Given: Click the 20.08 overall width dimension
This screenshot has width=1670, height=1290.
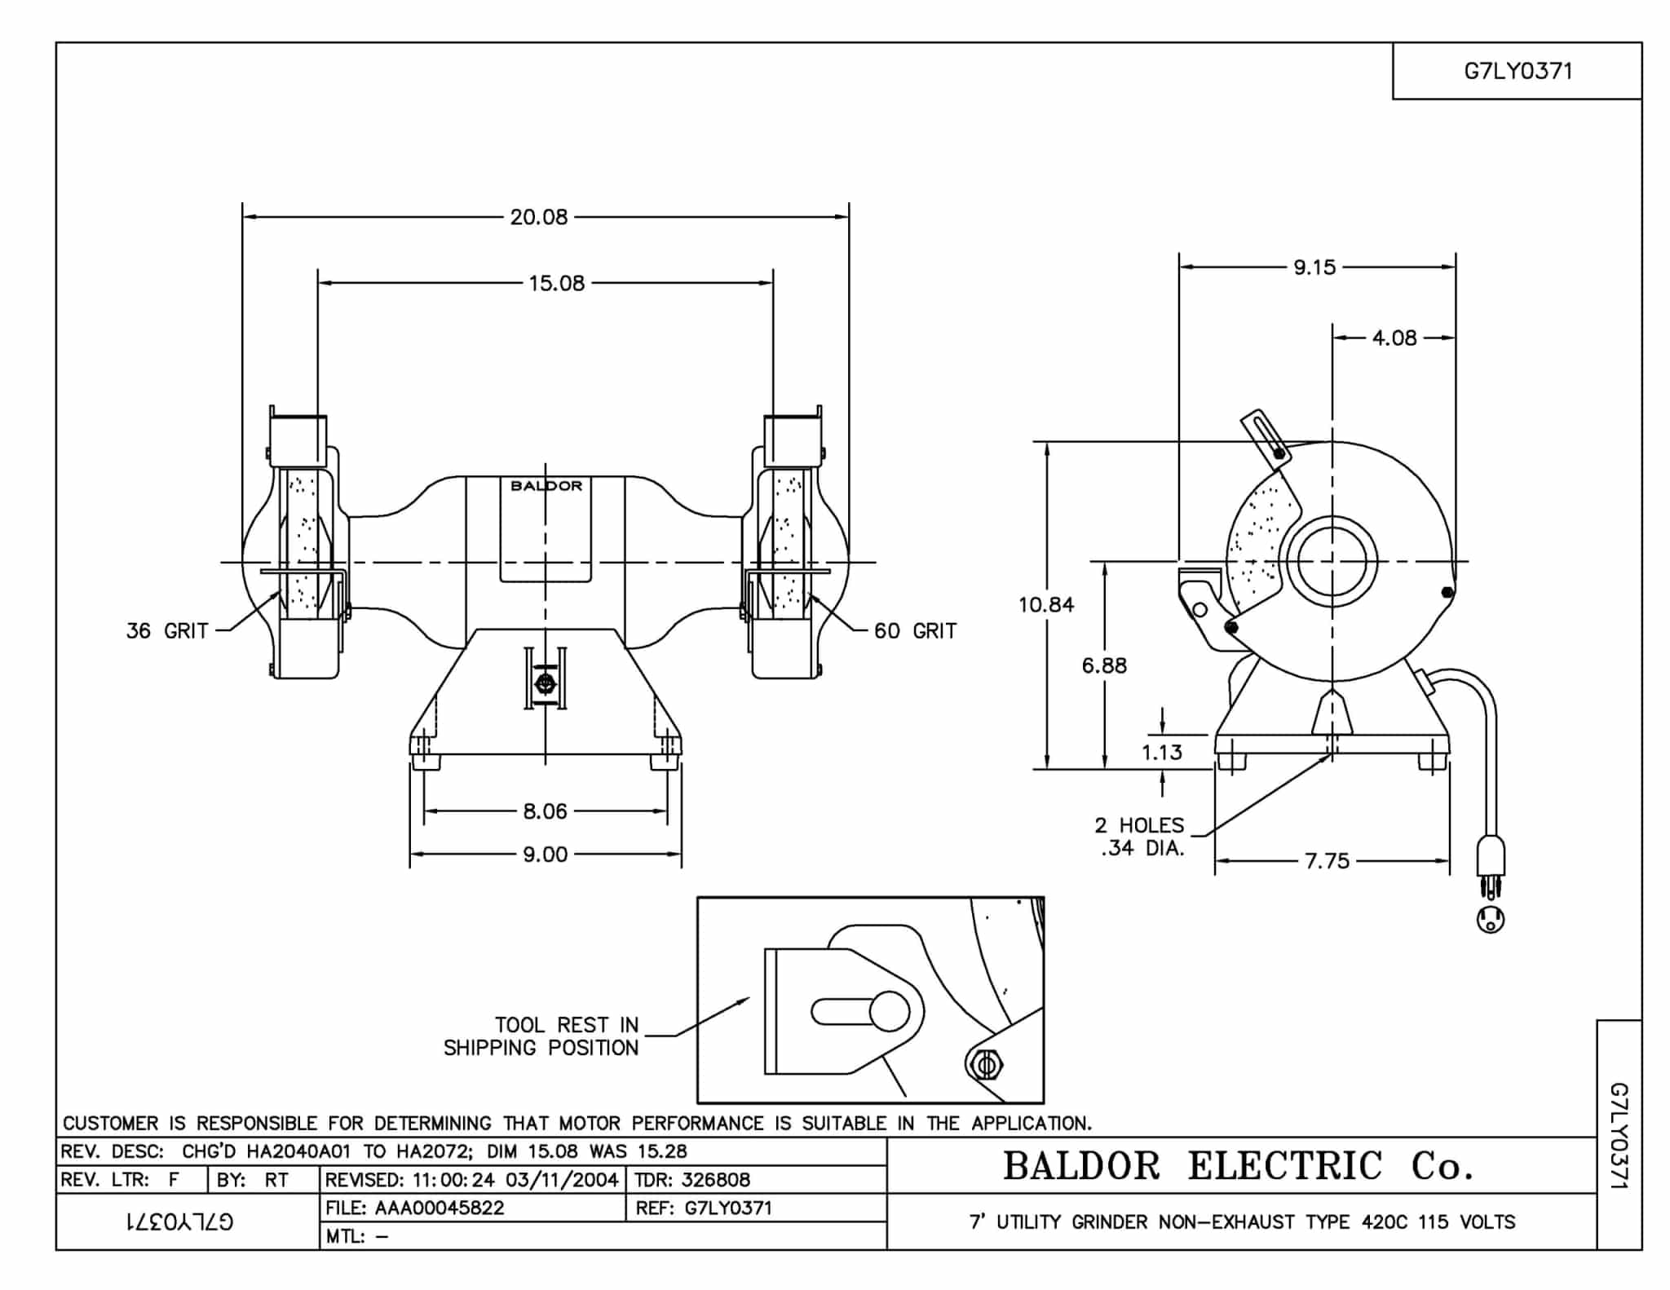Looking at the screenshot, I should pos(538,217).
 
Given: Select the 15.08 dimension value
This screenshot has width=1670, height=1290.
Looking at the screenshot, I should pos(556,283).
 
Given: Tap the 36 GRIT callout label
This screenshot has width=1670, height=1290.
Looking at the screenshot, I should pos(167,630).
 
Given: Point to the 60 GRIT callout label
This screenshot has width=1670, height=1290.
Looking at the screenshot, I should pos(915,630).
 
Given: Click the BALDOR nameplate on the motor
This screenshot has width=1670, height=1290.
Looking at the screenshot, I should pos(546,486).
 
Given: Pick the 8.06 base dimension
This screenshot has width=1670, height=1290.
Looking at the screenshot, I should pos(545,811).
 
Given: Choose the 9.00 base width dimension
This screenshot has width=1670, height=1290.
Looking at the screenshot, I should pos(545,855).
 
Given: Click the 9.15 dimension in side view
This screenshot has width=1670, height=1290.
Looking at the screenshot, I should pos(1314,267).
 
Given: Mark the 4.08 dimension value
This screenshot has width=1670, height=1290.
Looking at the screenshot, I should pos(1394,338).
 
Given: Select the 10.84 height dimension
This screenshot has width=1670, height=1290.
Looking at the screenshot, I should pos(1046,604).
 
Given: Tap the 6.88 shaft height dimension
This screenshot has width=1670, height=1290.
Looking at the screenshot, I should pos(1104,665).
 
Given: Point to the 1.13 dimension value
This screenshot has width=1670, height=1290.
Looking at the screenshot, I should pos(1162,752).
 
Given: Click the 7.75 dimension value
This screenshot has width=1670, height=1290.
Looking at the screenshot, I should pos(1328,861).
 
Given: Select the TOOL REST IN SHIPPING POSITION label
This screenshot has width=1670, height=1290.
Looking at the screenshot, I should pos(541,1036).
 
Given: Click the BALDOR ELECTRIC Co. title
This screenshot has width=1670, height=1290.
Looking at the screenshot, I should pos(1238,1166).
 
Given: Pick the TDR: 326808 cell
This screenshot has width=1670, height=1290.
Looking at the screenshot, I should pos(693,1180).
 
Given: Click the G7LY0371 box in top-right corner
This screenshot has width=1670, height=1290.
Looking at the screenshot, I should pos(1518,72).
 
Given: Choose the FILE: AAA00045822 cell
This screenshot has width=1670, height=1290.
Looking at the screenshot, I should pos(416,1208).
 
